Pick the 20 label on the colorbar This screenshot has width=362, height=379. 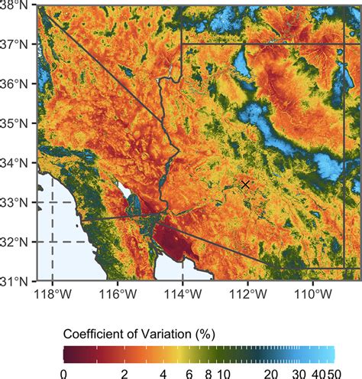click(x=270, y=372)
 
